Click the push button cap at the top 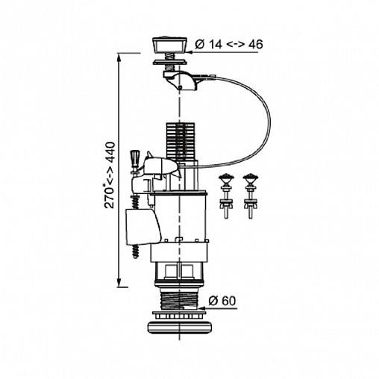pos(170,45)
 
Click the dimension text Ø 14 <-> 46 pos(229,45)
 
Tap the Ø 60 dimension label pos(222,301)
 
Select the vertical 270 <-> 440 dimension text pos(110,175)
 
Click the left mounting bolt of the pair pos(225,196)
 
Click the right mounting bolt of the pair pos(251,196)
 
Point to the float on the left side pos(142,226)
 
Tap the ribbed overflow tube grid pos(180,140)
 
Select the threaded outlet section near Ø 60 pos(180,300)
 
